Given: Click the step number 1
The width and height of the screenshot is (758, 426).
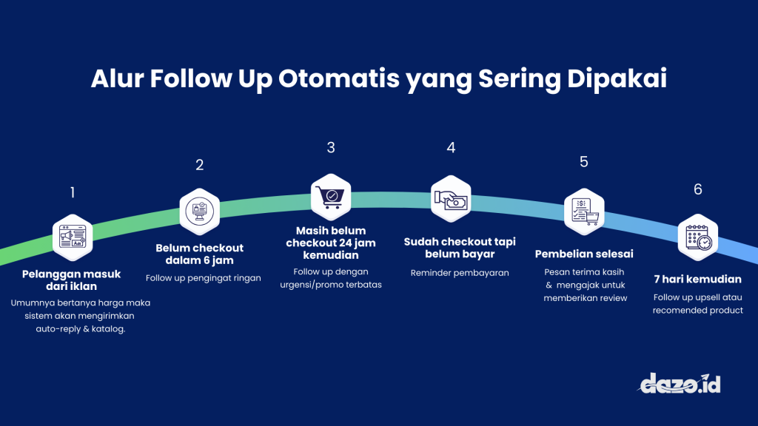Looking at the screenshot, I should tap(73, 193).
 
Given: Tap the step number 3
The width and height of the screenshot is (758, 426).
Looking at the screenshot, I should tap(331, 148).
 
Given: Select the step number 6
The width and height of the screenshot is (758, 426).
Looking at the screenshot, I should tap(697, 190).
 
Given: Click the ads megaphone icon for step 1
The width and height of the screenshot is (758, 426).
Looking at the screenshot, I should tap(73, 237).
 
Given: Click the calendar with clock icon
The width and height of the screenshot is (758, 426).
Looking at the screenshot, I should tap(698, 237).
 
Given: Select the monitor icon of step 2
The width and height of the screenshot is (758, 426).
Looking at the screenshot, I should tap(200, 209).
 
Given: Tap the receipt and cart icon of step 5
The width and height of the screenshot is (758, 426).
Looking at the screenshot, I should tap(584, 210).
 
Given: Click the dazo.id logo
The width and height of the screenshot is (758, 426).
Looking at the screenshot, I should tap(680, 383).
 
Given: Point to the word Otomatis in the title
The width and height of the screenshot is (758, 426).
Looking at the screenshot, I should tap(340, 79).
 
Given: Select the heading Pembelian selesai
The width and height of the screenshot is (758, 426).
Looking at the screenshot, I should tap(584, 254).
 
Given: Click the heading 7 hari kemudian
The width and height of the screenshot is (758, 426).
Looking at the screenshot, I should tap(697, 280).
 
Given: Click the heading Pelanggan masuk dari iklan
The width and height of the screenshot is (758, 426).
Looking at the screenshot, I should tap(71, 280).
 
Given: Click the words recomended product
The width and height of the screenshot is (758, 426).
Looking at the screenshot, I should tap(697, 311).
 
